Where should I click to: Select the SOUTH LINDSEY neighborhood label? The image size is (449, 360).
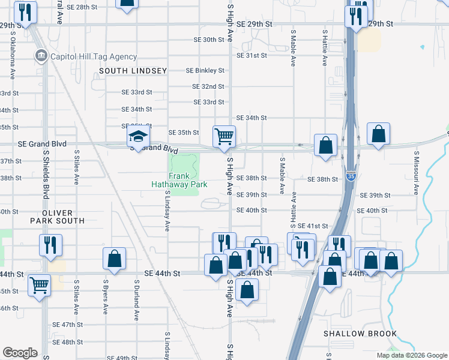point(133,71)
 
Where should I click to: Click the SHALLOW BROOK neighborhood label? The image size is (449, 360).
point(360,334)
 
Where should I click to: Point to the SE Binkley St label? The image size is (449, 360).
point(205,70)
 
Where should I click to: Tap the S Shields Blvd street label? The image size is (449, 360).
point(46,175)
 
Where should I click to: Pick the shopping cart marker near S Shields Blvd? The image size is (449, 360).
point(39,285)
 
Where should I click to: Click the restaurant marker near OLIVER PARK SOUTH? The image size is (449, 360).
point(50,244)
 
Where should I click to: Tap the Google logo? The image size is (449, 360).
point(20,353)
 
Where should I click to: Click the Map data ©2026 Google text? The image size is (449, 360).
point(411,355)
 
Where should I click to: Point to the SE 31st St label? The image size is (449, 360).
point(252,55)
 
